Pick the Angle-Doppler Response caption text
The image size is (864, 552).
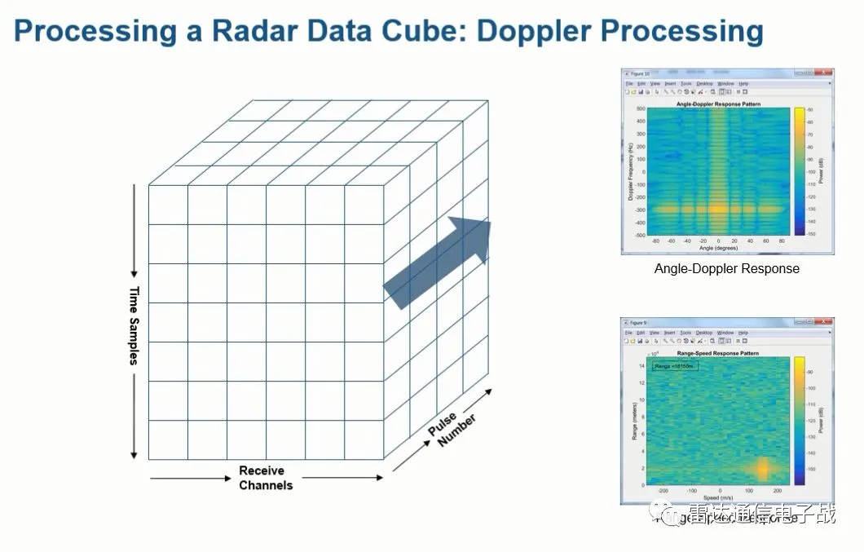coord(726,268)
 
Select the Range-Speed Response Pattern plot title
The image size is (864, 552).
coord(717,353)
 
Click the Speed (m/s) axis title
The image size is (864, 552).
coord(717,497)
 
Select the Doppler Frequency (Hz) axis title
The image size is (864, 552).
coord(632,171)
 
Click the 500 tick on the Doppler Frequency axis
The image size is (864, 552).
coord(641,108)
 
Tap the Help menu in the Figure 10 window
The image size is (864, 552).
coord(744,83)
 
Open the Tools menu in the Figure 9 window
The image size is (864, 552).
coord(686,333)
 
